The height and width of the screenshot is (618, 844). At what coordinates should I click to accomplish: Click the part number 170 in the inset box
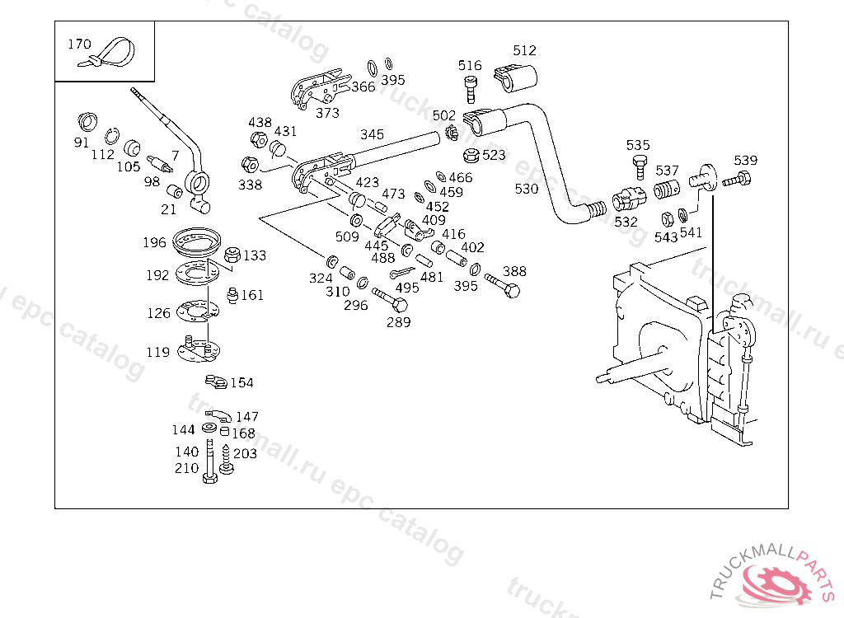79,44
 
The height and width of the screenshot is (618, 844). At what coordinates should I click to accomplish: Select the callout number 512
524,50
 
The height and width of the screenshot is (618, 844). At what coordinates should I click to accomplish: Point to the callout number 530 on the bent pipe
526,189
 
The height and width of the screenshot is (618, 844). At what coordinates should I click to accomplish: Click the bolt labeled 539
737,179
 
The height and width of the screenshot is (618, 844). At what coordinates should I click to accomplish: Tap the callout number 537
667,171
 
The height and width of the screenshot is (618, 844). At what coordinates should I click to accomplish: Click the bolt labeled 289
389,300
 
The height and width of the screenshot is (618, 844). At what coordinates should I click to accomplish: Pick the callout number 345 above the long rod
372,134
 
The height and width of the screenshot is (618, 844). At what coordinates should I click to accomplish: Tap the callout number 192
157,275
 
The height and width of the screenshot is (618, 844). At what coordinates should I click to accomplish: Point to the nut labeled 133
232,255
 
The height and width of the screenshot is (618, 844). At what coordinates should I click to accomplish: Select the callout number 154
241,382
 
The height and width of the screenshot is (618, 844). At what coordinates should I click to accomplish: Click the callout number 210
186,468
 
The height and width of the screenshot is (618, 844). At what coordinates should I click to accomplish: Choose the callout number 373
327,113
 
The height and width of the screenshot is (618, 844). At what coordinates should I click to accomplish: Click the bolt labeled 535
639,166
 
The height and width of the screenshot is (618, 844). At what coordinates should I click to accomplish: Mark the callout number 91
81,142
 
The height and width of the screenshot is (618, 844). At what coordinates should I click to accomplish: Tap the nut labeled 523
472,155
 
